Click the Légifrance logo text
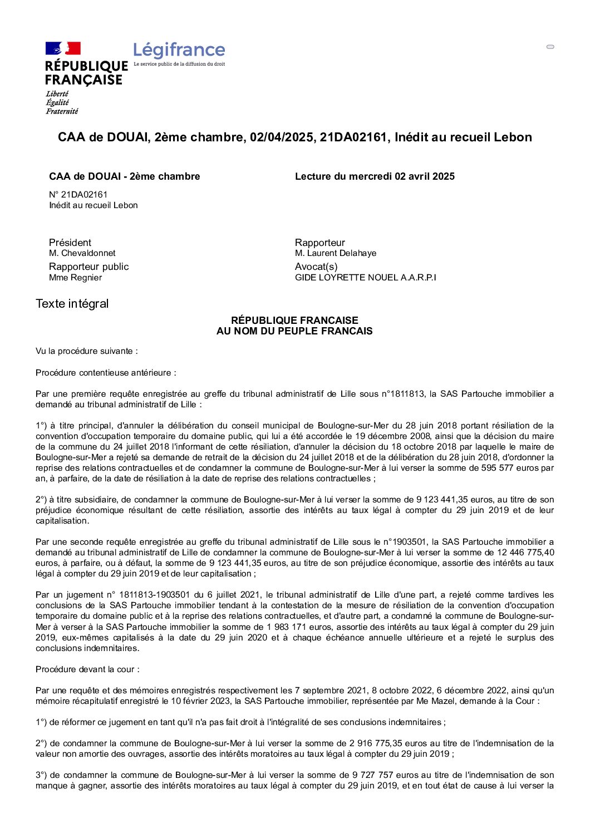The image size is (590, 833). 179,51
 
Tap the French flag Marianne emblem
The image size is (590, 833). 63,48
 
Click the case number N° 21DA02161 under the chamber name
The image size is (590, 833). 78,194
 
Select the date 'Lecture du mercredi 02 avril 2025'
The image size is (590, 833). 375,176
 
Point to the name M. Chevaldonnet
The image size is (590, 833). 82,253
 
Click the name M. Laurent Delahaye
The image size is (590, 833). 336,253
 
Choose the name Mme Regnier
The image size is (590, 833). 75,278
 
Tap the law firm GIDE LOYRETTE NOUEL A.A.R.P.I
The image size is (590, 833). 366,278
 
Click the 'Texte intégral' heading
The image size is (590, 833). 72,304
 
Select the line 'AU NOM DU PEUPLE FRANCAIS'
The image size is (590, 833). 294,331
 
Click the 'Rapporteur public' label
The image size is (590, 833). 88,267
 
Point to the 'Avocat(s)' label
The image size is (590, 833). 316,267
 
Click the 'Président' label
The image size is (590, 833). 70,243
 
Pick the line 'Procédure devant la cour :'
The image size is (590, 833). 87,669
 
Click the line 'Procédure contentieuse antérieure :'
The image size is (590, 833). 106,373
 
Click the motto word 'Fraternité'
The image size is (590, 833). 62,111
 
